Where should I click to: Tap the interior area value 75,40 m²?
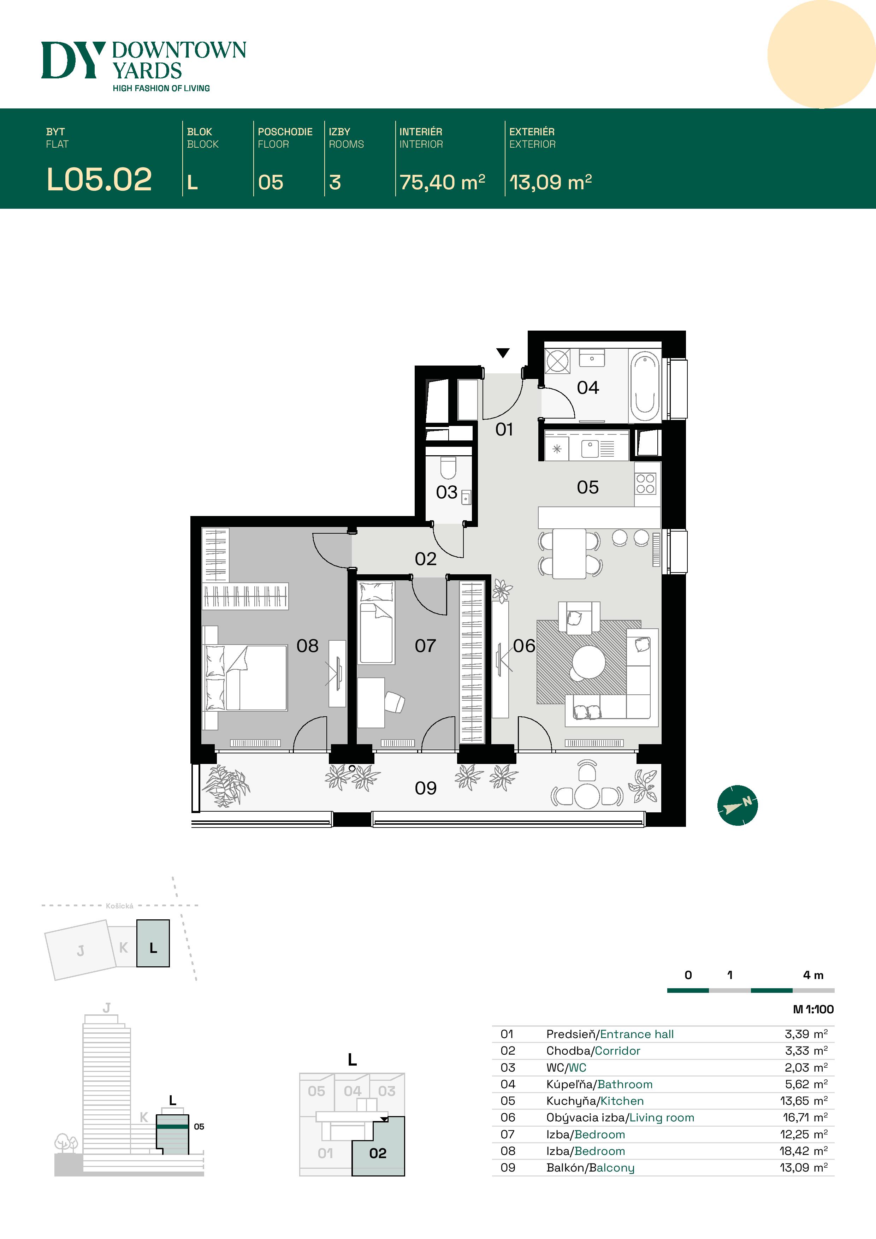[x=442, y=182]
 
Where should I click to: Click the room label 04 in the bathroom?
[x=588, y=387]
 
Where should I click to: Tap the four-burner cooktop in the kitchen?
[x=646, y=484]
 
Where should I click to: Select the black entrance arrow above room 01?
[x=503, y=353]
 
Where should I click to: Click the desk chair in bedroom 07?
[x=395, y=703]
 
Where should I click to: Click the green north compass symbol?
[x=737, y=805]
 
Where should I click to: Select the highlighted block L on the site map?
[x=153, y=943]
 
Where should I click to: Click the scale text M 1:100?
[x=813, y=1009]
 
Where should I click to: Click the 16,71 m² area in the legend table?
[x=805, y=1117]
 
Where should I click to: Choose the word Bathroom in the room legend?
[x=625, y=1084]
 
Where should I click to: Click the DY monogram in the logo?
[x=73, y=60]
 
